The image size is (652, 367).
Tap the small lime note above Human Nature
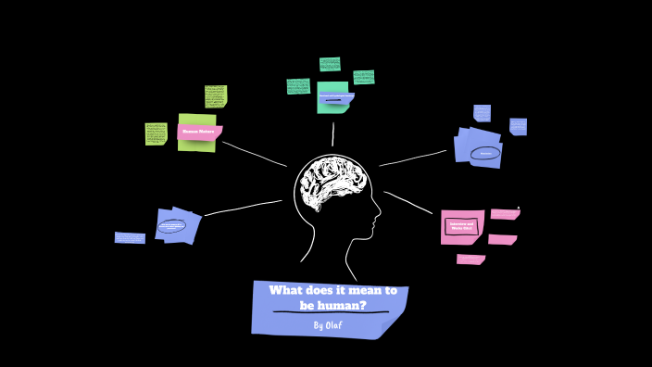(x=216, y=96)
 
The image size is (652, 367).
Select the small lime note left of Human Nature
(x=156, y=133)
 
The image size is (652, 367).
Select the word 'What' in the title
(x=287, y=290)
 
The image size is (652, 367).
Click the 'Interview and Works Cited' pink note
(x=461, y=225)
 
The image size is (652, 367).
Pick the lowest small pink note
(x=470, y=259)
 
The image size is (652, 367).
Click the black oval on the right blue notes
(x=484, y=153)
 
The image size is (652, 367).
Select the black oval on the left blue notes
(x=171, y=225)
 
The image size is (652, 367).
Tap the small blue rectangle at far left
(x=130, y=238)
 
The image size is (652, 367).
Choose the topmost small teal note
(x=330, y=64)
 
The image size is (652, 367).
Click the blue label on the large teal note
(x=336, y=96)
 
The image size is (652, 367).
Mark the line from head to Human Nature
(x=255, y=154)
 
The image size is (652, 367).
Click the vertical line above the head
(x=333, y=134)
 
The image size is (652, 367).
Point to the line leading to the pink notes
(x=409, y=203)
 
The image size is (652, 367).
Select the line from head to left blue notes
(x=243, y=208)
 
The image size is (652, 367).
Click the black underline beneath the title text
(x=331, y=313)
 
